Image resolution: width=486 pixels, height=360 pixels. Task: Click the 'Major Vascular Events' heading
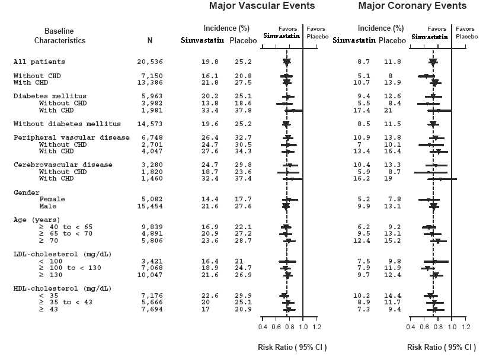point(261,7)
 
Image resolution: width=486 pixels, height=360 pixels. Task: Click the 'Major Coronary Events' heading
point(413,7)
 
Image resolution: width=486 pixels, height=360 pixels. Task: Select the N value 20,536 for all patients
point(149,62)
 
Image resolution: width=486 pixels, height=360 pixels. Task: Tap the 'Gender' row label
point(26,192)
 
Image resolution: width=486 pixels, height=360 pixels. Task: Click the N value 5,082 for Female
point(151,200)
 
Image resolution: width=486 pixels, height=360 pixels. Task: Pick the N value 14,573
point(149,124)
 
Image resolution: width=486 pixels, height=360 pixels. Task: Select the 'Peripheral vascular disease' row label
point(71,137)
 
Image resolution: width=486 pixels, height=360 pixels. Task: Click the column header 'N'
point(150,41)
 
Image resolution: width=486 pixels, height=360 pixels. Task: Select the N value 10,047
point(149,275)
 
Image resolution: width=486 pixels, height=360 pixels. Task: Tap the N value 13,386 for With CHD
point(149,83)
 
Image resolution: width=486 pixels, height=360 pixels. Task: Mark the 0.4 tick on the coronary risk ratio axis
point(411,327)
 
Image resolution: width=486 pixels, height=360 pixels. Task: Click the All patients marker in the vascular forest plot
point(287,62)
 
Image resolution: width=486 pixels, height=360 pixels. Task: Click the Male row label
point(47,206)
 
